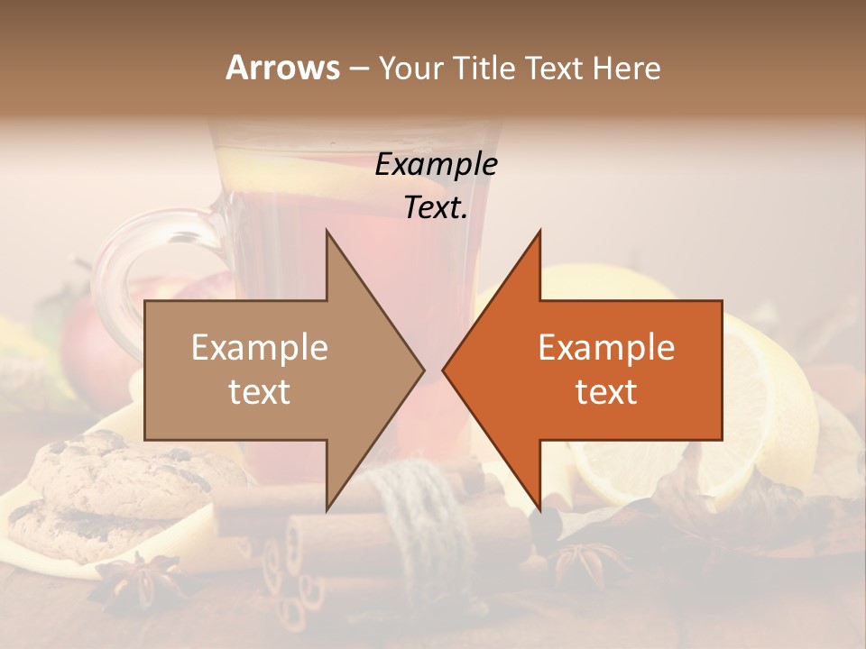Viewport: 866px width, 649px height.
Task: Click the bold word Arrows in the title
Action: click(x=282, y=68)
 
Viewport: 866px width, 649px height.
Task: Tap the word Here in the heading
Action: click(x=627, y=68)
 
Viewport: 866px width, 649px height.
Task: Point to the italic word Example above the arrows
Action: click(x=436, y=164)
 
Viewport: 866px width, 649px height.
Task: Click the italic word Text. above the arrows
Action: click(x=436, y=207)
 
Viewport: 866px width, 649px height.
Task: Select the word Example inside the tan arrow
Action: click(x=260, y=347)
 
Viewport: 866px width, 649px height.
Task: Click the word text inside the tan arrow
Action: click(x=260, y=391)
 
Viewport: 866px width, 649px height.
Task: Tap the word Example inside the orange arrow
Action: click(x=606, y=347)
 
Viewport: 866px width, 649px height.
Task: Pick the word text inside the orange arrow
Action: click(x=606, y=391)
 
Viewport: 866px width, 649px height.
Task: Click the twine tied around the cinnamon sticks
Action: click(x=424, y=505)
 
